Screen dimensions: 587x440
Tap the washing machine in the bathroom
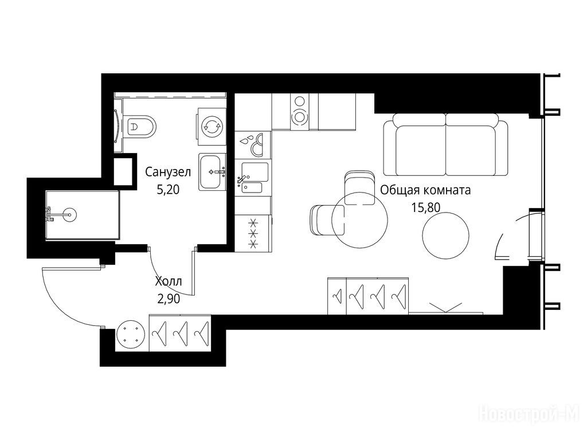coord(212,126)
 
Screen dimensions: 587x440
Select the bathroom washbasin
coord(212,172)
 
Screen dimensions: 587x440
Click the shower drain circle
coord(69,215)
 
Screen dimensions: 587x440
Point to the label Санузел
coord(168,172)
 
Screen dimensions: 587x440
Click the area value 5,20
coord(168,190)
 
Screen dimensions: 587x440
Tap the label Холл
coord(169,281)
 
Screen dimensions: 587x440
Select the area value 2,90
coord(169,298)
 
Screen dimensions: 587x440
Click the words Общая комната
coord(425,190)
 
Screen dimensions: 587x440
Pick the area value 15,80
coord(426,207)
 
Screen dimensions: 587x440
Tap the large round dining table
coord(360,220)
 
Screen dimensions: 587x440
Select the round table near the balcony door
coord(445,235)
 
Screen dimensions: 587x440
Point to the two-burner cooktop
coord(299,112)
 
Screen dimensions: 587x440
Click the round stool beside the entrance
coord(130,334)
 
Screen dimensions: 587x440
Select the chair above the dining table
coord(359,188)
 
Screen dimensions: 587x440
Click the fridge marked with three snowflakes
coord(253,233)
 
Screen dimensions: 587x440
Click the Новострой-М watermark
coord(529,414)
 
